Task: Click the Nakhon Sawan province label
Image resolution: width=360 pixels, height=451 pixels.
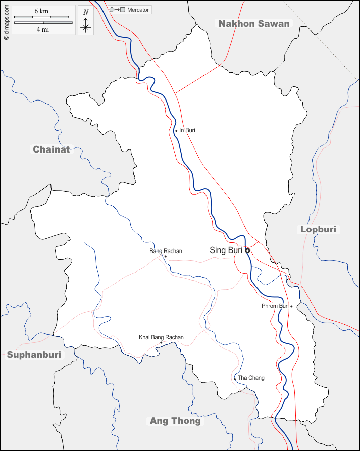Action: tap(254, 24)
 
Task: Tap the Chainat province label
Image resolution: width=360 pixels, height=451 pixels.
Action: tap(51, 149)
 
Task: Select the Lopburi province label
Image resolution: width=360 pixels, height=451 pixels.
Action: tap(318, 229)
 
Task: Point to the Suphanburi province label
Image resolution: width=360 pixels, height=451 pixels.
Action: tap(34, 355)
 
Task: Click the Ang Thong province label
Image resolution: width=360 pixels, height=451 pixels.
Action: tap(175, 421)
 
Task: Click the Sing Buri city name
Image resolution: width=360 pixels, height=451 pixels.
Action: tap(226, 250)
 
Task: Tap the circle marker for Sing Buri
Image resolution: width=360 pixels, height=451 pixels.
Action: tap(247, 250)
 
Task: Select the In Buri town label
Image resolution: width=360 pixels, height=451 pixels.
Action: tap(187, 130)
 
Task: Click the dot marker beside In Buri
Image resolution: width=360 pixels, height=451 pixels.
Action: tap(176, 131)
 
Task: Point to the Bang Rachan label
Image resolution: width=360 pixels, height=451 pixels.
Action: tap(166, 251)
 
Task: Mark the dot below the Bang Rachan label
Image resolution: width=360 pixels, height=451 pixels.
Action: tap(165, 256)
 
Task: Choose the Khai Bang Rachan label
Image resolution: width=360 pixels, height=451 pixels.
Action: tap(161, 337)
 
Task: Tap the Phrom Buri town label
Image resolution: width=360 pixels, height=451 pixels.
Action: tap(275, 306)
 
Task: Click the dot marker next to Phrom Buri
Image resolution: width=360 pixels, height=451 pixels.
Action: tap(291, 306)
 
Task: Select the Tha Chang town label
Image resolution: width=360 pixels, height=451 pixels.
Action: tap(251, 378)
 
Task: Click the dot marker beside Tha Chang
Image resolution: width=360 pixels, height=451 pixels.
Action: tap(235, 379)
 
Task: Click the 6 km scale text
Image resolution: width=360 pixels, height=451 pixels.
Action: tap(41, 11)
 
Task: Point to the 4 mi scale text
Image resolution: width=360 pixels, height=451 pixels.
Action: tap(42, 30)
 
